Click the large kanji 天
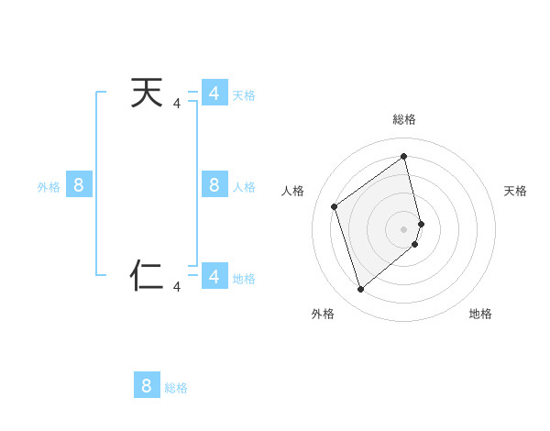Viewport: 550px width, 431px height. [x=147, y=94]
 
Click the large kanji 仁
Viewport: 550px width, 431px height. [x=147, y=275]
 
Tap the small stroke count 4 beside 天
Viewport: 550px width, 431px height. [x=177, y=105]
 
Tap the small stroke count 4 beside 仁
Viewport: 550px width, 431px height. [x=177, y=287]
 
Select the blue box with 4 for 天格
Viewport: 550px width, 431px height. [x=214, y=94]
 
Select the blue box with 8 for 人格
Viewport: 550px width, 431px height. [x=214, y=185]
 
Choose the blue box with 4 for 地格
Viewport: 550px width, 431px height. [x=214, y=276]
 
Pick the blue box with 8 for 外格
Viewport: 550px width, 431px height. [x=79, y=185]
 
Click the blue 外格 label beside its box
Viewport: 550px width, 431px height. [x=49, y=187]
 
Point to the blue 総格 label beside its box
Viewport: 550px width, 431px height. [x=176, y=388]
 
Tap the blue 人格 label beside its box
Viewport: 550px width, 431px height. [x=244, y=187]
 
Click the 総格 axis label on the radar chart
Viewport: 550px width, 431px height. [x=404, y=119]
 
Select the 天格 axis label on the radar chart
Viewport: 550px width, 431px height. [x=515, y=191]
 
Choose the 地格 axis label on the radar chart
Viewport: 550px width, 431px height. [x=480, y=314]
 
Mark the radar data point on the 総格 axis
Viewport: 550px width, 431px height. [x=404, y=156]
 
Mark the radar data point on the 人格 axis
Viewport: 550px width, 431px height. [x=335, y=206]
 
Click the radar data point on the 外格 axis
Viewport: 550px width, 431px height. [x=360, y=290]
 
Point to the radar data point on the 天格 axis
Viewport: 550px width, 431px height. [x=421, y=223]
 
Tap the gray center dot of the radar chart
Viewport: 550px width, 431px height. [x=404, y=228]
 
